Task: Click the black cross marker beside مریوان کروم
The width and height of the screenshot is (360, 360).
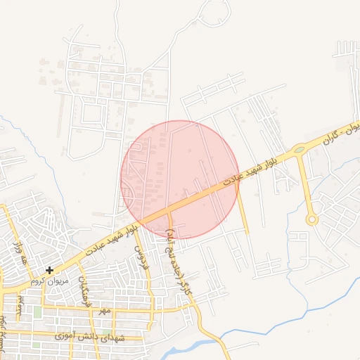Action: click(49, 270)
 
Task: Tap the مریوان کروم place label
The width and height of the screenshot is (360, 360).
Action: click(49, 281)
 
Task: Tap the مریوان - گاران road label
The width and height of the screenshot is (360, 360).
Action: click(342, 134)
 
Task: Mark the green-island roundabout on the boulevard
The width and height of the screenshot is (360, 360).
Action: click(300, 149)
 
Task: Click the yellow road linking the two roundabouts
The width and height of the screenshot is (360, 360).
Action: click(304, 183)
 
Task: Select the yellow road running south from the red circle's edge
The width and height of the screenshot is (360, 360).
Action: click(243, 214)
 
